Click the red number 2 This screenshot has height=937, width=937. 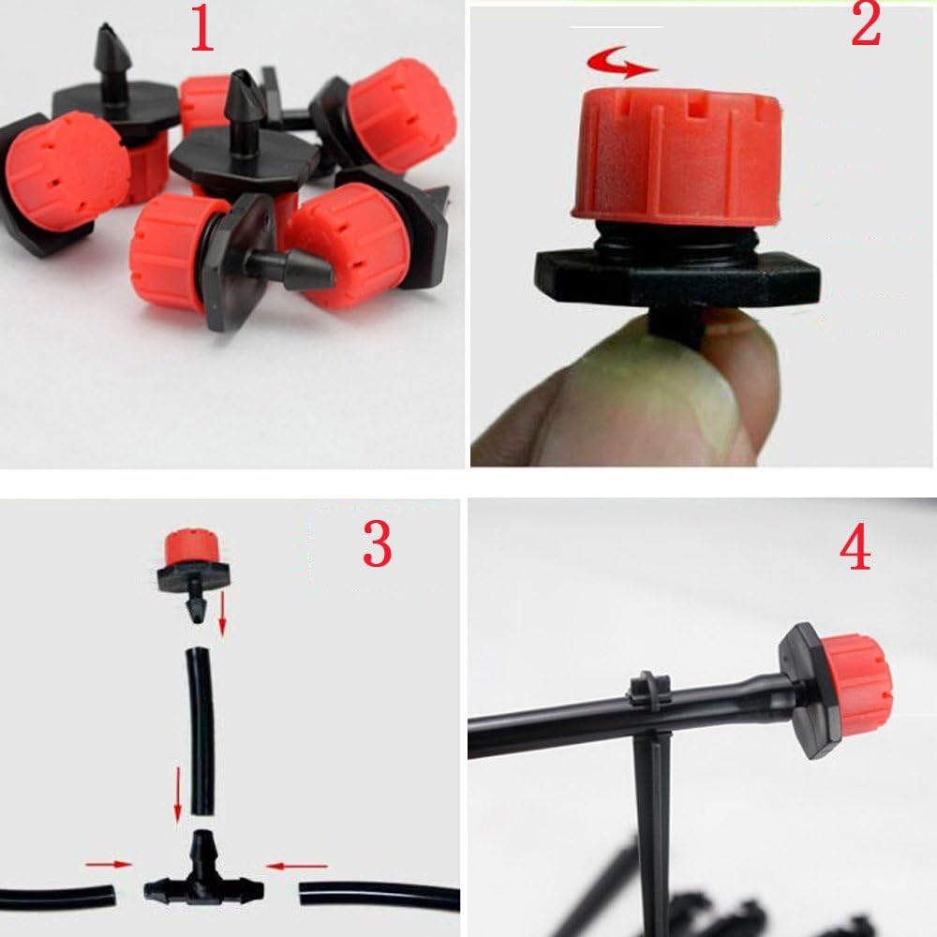[x=865, y=24]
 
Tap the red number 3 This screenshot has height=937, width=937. [x=377, y=543]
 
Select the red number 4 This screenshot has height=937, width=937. [x=855, y=547]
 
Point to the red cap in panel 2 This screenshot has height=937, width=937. [x=676, y=156]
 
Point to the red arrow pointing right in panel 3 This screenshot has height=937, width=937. [x=108, y=864]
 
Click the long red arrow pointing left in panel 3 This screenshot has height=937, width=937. [x=297, y=865]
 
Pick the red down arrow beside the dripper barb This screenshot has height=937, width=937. [x=222, y=614]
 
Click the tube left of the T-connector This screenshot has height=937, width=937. [x=58, y=898]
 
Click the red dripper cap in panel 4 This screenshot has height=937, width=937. [x=858, y=683]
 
